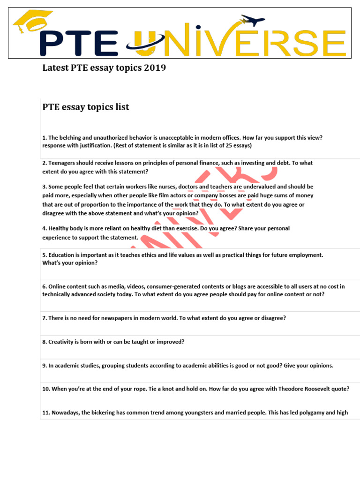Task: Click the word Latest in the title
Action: (56, 68)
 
